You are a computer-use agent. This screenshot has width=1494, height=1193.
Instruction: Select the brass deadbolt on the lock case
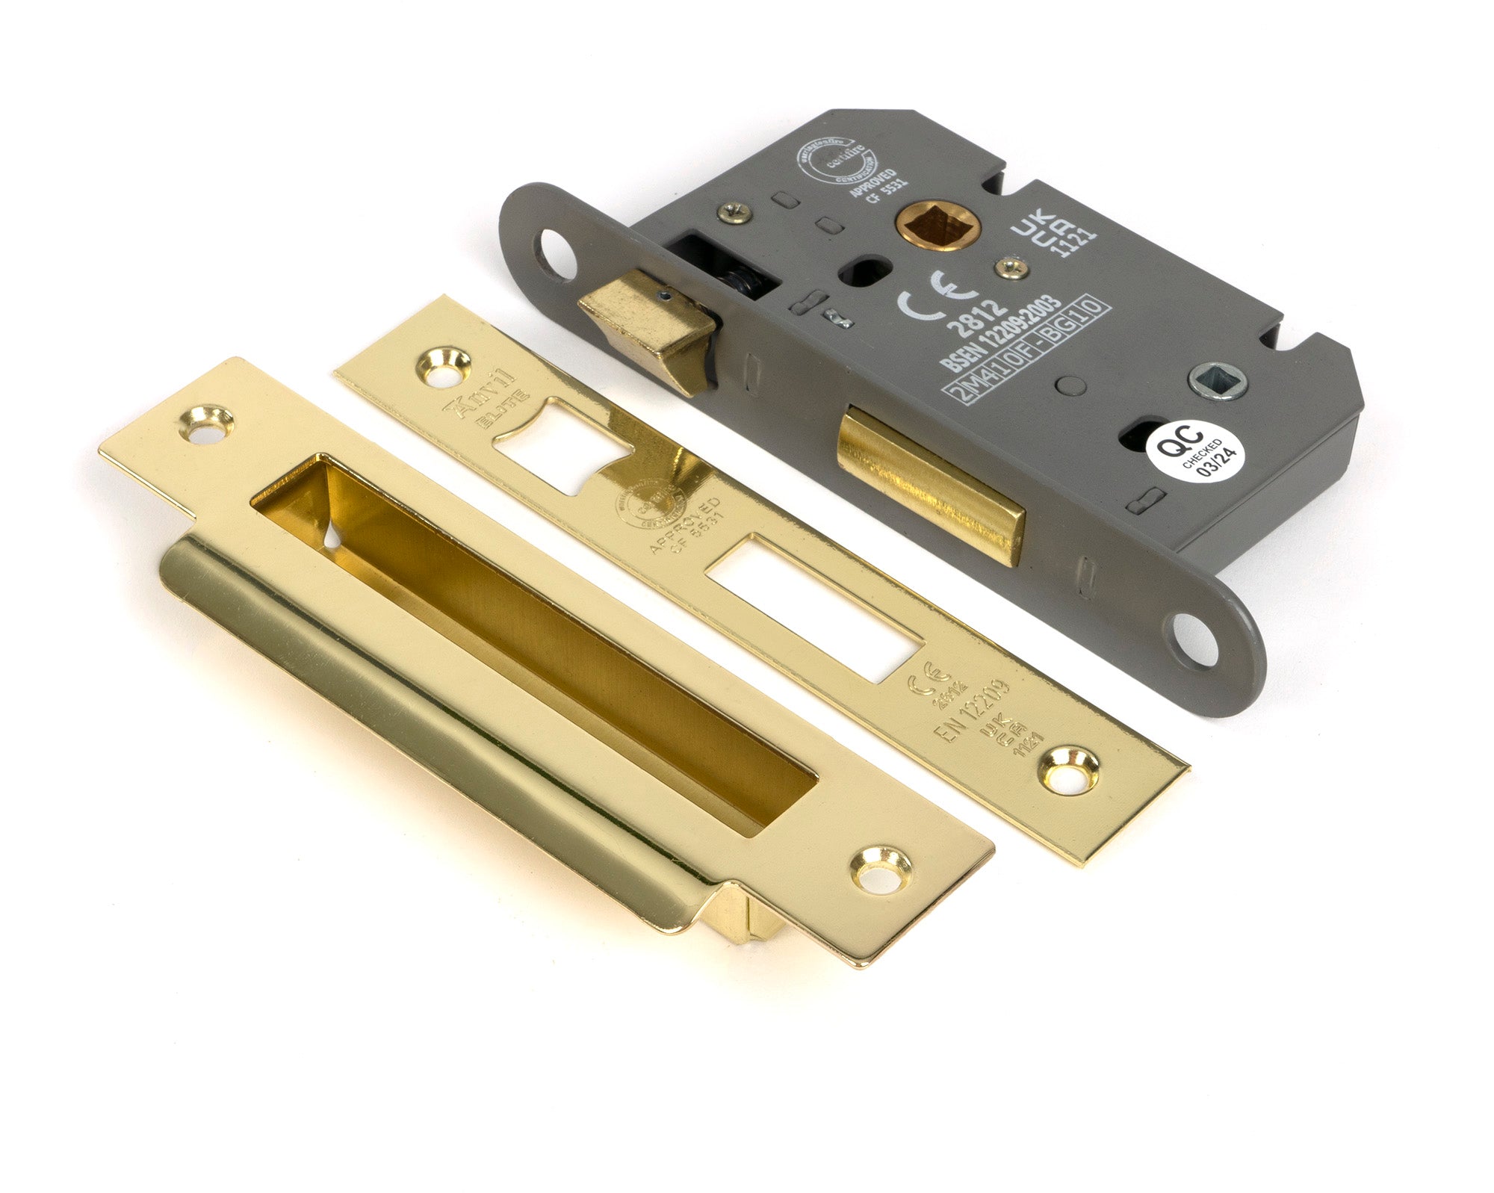931,481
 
